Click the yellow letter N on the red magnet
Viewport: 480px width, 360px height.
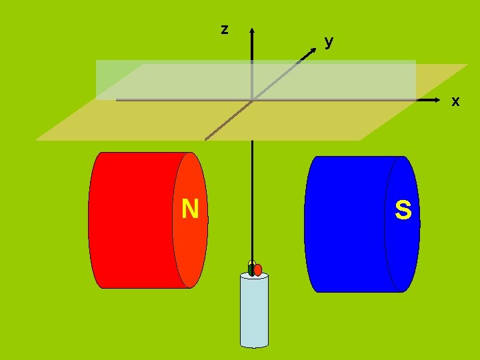[190, 209]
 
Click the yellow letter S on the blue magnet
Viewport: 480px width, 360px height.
[403, 211]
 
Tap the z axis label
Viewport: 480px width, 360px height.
[225, 29]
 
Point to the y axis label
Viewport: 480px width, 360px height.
[329, 41]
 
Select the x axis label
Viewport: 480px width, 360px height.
[455, 101]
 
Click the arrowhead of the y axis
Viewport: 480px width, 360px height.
[311, 51]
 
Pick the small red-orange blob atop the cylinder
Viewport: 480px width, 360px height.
[258, 270]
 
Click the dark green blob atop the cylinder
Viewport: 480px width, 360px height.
[251, 269]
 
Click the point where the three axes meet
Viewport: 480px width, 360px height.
[252, 100]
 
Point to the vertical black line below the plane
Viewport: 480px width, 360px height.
[252, 200]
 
